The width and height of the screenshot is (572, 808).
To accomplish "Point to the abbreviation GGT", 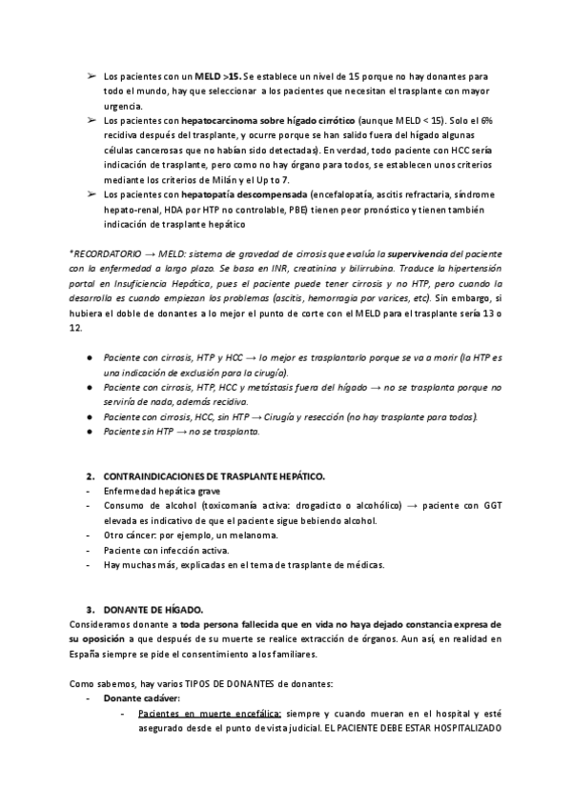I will click(492, 505).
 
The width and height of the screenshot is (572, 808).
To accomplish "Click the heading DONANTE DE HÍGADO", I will click(144, 608).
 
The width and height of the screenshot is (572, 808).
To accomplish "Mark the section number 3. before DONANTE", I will click(90, 608).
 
